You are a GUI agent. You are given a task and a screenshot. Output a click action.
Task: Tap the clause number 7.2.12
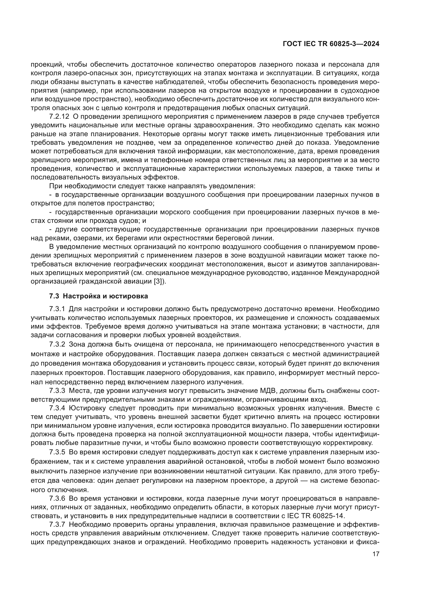[x=59, y=116]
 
